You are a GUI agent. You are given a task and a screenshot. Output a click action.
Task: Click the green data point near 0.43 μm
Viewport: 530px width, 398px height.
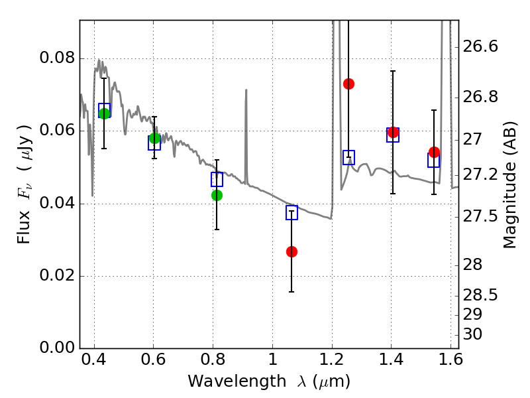pos(104,113)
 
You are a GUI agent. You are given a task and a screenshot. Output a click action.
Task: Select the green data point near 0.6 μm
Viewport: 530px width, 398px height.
pos(154,138)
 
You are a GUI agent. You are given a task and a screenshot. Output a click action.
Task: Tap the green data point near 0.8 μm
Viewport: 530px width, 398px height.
pos(217,195)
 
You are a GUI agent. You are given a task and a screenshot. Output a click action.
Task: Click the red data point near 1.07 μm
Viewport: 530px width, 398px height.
pos(291,251)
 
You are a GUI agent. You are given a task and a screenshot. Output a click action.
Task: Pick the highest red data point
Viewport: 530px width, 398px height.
pos(348,84)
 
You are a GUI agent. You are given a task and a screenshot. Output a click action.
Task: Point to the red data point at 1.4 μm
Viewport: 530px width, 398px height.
pos(393,132)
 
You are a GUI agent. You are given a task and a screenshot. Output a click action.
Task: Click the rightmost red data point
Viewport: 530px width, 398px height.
pos(434,152)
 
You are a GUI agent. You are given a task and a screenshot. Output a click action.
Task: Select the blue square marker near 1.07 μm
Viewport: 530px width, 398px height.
pos(291,213)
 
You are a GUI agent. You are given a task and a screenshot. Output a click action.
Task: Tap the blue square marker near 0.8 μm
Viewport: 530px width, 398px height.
pos(217,179)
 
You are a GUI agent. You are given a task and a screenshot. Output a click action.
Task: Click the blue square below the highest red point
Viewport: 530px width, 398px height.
pos(348,157)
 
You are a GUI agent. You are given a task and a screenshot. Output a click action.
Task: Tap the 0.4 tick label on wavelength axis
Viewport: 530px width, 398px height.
pos(94,363)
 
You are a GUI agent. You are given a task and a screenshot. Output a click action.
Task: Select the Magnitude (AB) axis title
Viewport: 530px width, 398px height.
pos(509,184)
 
